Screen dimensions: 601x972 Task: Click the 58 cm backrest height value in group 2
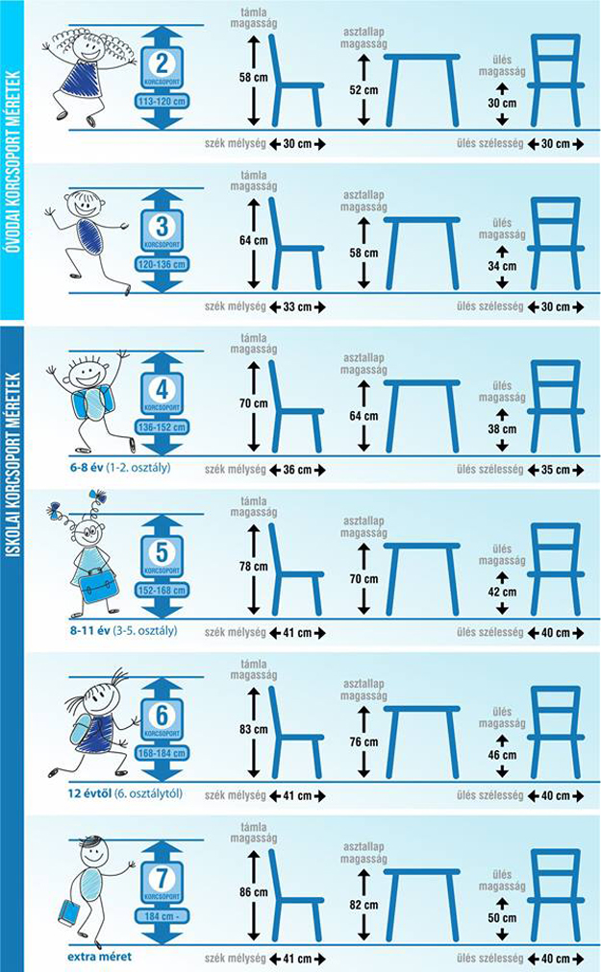pyautogui.click(x=253, y=78)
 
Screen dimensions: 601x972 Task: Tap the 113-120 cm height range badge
pyautogui.click(x=162, y=102)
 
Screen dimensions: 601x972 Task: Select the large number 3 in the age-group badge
pyautogui.click(x=163, y=227)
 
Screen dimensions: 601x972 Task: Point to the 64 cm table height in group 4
pyautogui.click(x=363, y=416)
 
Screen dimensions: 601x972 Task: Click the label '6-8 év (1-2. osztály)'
pyautogui.click(x=120, y=468)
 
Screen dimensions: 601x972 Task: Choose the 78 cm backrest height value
pyautogui.click(x=253, y=567)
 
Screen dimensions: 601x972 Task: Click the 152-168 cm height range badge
pyautogui.click(x=162, y=591)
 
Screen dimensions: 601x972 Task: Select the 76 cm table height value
pyautogui.click(x=363, y=742)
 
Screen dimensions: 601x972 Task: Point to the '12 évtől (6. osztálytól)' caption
pyautogui.click(x=125, y=793)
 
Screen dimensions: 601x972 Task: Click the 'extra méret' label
pyautogui.click(x=99, y=957)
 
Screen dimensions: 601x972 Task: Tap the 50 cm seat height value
pyautogui.click(x=502, y=918)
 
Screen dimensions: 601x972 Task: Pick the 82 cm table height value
pyautogui.click(x=363, y=905)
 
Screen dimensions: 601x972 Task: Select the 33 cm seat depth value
pyautogui.click(x=297, y=306)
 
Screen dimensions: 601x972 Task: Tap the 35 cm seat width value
pyautogui.click(x=555, y=470)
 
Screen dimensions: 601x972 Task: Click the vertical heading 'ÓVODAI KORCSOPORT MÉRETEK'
pyautogui.click(x=13, y=161)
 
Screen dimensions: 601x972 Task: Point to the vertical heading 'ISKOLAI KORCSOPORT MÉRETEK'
pyautogui.click(x=13, y=465)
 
